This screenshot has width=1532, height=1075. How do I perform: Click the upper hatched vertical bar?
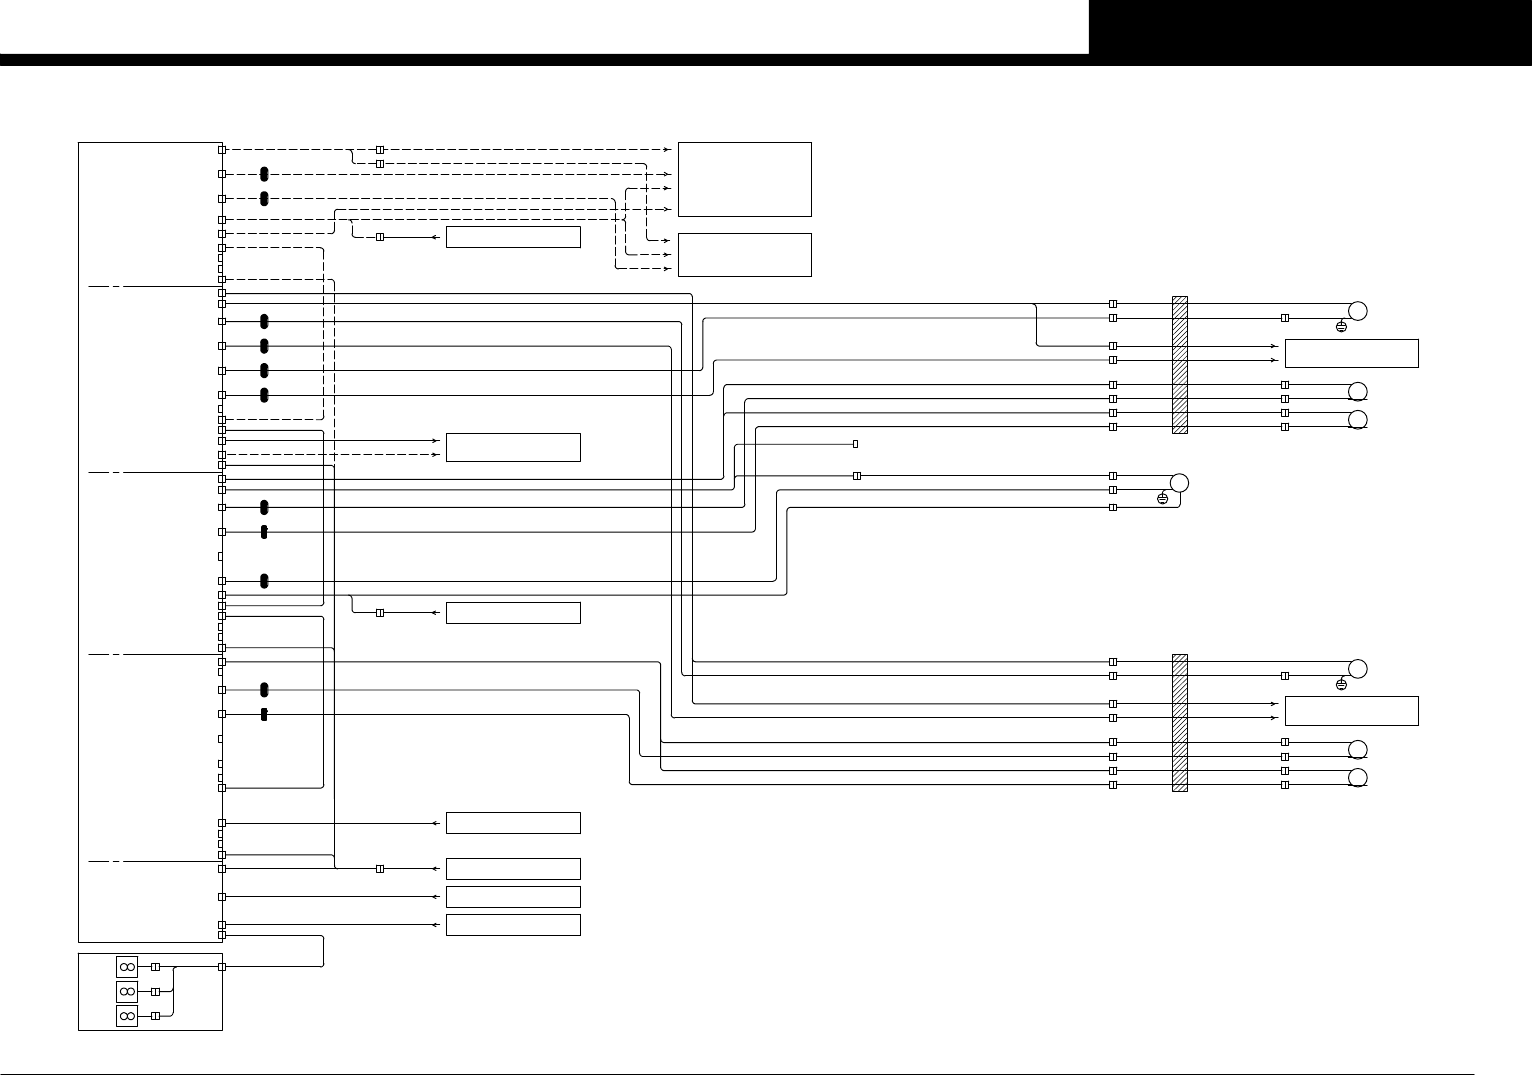(x=1179, y=364)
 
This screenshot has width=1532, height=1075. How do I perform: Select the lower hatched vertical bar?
(x=1179, y=722)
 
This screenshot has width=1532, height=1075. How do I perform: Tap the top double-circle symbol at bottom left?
(x=127, y=967)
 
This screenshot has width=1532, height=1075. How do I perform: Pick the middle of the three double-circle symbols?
(x=127, y=991)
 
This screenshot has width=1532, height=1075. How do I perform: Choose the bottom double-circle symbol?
(x=127, y=1016)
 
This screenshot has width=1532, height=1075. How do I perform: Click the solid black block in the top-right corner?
(x=1310, y=27)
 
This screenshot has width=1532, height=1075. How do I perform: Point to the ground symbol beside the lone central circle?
(x=1162, y=498)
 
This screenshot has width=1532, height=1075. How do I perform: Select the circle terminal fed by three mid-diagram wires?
(x=1179, y=483)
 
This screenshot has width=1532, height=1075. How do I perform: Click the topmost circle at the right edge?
(x=1357, y=310)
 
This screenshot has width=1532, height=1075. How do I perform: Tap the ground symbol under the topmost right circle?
(x=1341, y=327)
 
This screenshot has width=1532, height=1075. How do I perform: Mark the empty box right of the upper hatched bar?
(x=1351, y=353)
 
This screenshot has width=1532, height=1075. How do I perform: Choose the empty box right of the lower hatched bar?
(x=1351, y=710)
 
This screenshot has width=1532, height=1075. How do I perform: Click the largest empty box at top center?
(x=744, y=179)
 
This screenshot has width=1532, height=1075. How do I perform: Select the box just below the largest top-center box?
(x=744, y=255)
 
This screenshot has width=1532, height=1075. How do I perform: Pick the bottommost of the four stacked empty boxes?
(x=513, y=924)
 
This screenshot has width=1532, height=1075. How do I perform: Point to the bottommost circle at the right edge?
(x=1357, y=778)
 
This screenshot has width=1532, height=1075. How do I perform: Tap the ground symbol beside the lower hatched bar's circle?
(x=1341, y=685)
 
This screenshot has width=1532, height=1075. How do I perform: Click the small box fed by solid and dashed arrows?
(x=513, y=447)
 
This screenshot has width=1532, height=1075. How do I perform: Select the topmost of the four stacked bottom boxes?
(x=513, y=823)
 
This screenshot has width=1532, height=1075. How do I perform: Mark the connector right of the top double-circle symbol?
(x=155, y=967)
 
